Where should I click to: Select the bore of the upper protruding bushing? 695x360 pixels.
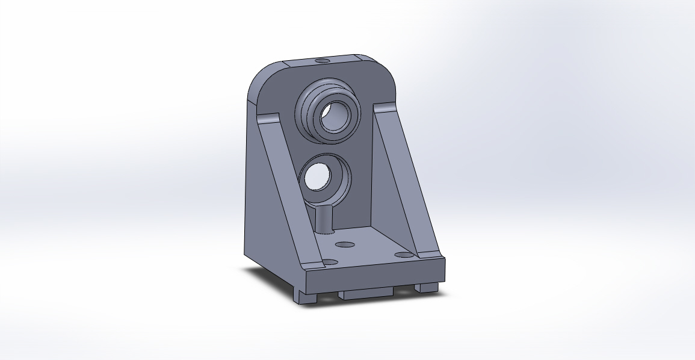pos(333,117)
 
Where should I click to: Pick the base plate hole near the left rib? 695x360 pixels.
pos(329,262)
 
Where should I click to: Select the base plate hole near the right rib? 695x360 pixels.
pos(402,255)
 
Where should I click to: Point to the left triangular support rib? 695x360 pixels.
pos(282,181)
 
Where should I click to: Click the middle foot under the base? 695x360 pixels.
pos(365,293)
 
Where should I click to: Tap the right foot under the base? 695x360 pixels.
pos(426,287)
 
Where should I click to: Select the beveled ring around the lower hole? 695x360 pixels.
pos(340,181)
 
